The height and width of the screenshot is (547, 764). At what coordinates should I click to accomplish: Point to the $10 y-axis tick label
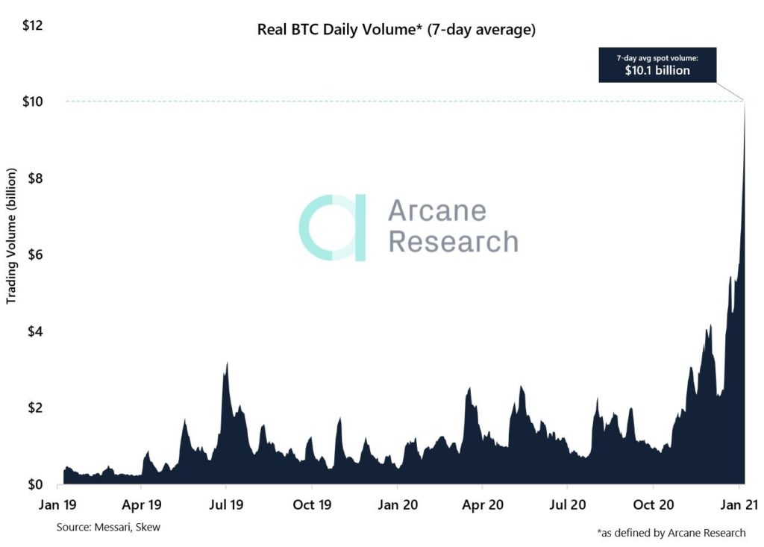click(33, 101)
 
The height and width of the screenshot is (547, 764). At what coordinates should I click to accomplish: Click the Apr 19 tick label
click(142, 505)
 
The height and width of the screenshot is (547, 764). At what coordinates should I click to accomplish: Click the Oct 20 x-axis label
click(654, 505)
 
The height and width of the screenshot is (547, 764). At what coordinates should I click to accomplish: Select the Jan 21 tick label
click(739, 505)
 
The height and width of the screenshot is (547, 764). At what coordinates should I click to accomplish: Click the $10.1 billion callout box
click(657, 66)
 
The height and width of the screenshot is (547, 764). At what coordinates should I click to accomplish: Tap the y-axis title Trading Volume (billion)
click(12, 246)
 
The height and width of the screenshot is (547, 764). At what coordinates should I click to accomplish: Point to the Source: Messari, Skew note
click(108, 528)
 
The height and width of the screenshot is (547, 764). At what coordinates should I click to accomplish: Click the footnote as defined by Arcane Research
click(671, 532)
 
